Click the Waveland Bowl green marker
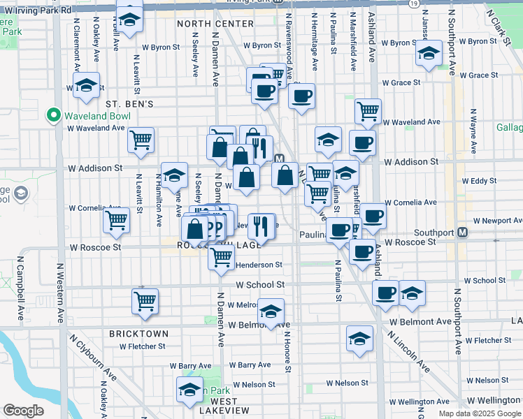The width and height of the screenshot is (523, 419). coord(53,115)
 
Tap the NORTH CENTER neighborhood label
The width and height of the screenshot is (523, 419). coord(215,24)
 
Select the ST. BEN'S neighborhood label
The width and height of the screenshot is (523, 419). coord(129,103)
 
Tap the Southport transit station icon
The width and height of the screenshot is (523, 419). coord(462,233)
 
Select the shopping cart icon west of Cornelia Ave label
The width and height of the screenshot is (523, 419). coord(116,220)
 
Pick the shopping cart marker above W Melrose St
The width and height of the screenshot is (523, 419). coord(145,301)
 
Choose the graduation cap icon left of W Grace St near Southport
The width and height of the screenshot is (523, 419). coord(429,54)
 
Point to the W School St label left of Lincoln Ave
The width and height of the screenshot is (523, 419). coord(260,285)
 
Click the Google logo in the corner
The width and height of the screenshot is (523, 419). coord(24,411)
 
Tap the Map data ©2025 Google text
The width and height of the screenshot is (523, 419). coord(479,413)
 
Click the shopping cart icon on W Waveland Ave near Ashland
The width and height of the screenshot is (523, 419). coord(368,110)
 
